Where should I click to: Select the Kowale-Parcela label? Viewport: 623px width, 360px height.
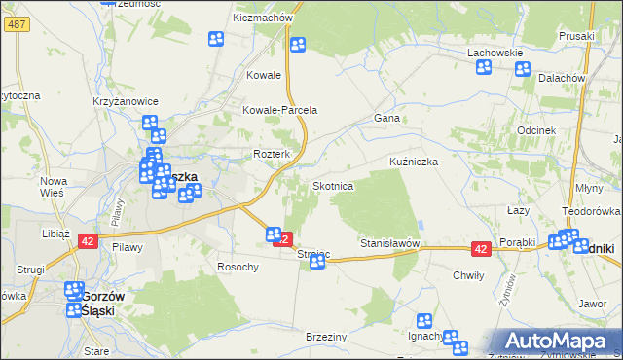coord(280,110)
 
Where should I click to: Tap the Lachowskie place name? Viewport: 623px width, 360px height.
coord(495,53)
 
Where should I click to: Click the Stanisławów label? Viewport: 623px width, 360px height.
coord(389,242)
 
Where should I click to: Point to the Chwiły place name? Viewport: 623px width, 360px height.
coord(468,275)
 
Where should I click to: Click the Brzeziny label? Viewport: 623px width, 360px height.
coord(326,336)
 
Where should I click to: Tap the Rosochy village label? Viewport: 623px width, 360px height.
coord(238,267)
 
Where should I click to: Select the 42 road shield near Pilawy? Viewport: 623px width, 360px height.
coord(88,241)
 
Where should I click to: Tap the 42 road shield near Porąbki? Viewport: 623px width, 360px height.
coord(480,250)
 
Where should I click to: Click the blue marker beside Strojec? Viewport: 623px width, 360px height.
coord(317,262)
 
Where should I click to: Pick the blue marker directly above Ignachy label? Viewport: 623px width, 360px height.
coord(424,320)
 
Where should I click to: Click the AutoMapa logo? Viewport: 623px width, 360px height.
coord(557,342)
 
